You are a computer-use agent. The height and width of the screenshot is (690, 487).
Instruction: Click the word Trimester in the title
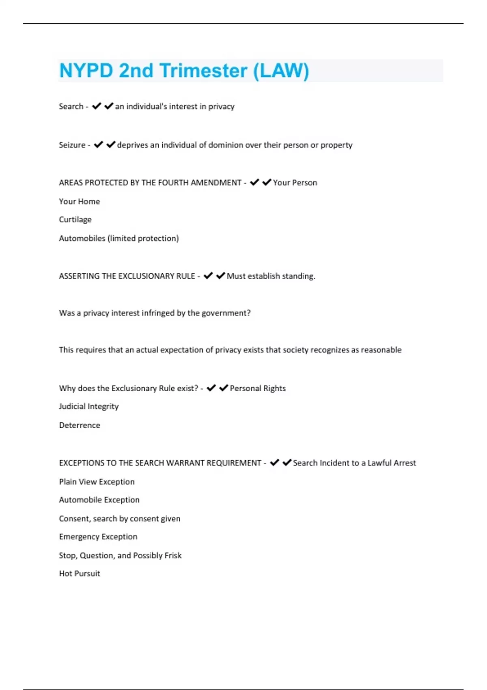tap(203, 71)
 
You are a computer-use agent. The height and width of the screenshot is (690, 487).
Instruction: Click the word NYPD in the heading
tap(86, 71)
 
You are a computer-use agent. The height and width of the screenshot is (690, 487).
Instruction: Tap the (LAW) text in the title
tap(281, 71)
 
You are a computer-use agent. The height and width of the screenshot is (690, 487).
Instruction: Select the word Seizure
tap(72, 145)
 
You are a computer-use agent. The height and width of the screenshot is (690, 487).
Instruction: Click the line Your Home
tap(79, 201)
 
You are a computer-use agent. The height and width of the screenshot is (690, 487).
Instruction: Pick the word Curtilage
tap(75, 220)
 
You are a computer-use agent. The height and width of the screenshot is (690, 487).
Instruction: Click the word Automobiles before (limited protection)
tap(82, 238)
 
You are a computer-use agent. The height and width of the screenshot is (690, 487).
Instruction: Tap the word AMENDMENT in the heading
tap(216, 183)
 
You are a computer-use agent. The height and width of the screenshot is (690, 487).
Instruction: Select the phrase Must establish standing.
tap(271, 276)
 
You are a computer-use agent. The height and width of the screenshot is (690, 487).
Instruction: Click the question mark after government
tap(248, 313)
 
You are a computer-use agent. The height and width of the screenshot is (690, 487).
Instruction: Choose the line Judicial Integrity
tap(89, 406)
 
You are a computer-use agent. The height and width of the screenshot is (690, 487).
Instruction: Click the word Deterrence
tap(80, 425)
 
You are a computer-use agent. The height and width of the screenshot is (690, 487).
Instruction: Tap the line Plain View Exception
tap(97, 482)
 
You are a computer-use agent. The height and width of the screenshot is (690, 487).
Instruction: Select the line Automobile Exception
tap(99, 500)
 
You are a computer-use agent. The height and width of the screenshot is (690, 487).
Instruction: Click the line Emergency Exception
tap(98, 537)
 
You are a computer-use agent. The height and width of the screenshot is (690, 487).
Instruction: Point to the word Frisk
tap(173, 555)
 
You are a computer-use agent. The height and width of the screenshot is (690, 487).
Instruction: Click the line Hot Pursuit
tap(80, 574)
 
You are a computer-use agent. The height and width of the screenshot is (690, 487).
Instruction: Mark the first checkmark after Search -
tap(97, 106)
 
